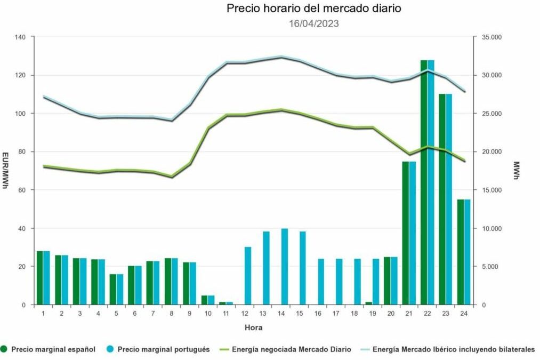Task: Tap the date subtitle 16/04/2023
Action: (x=313, y=23)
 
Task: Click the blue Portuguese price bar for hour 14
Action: (x=285, y=267)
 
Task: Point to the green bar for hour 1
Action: (x=39, y=278)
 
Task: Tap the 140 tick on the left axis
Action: (x=21, y=37)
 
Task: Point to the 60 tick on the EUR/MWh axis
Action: (x=23, y=190)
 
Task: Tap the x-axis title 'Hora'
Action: (x=253, y=327)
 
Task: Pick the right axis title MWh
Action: (x=516, y=171)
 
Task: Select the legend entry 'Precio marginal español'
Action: (x=49, y=349)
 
